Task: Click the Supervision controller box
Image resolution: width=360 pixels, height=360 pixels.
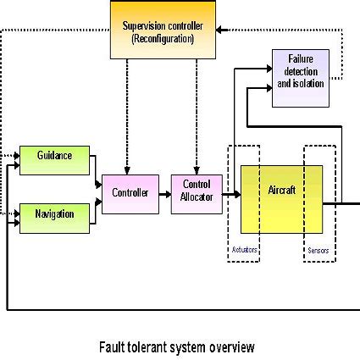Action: click(162, 30)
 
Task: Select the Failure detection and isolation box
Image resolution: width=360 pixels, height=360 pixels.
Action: click(301, 79)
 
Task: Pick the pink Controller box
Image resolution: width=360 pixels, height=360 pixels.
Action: click(130, 194)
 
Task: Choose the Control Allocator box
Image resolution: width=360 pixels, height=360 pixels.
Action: click(197, 191)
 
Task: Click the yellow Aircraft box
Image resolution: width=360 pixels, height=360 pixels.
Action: click(281, 198)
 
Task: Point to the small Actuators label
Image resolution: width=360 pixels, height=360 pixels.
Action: click(244, 251)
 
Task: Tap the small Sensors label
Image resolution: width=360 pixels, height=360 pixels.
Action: click(317, 251)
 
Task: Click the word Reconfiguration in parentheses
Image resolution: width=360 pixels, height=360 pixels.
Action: click(162, 38)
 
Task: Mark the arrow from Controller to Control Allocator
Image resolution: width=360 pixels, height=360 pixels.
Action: click(164, 193)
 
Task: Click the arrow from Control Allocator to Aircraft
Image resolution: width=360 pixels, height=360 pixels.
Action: click(230, 195)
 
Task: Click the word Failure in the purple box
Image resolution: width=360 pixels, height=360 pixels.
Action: click(301, 60)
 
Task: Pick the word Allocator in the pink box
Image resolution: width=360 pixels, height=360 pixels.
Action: click(197, 197)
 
